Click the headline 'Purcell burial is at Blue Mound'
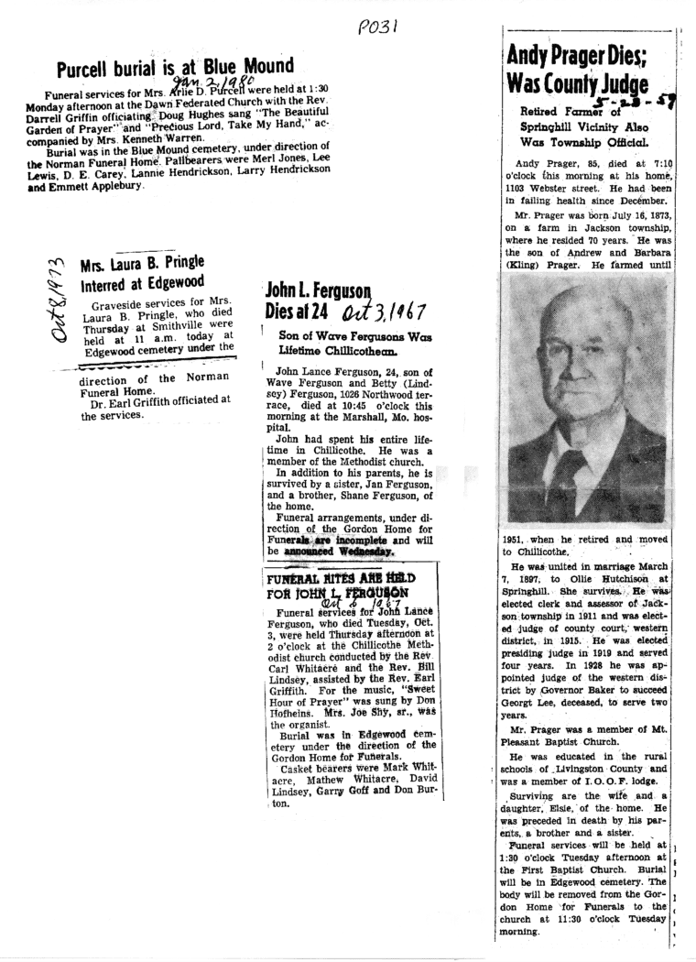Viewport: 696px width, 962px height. click(x=175, y=69)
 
